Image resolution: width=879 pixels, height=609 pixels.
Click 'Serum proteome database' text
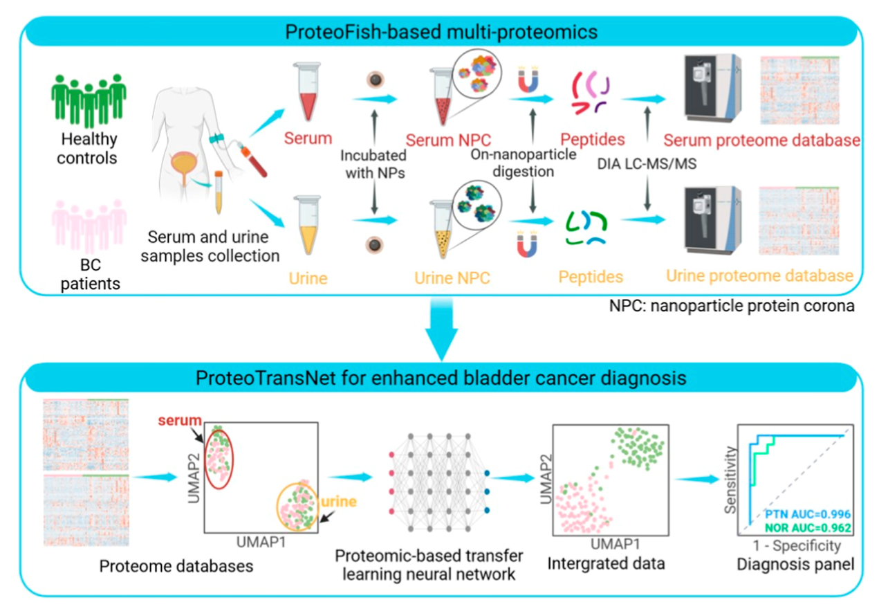pyautogui.click(x=761, y=140)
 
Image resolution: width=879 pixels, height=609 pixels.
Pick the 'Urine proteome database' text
pyautogui.click(x=759, y=275)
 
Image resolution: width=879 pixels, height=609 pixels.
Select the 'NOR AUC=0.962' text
pyautogui.click(x=806, y=527)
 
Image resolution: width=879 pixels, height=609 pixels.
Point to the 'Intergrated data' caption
pyautogui.click(x=606, y=563)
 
